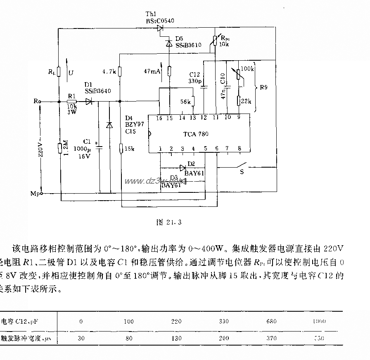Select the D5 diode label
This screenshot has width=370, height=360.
[179, 38]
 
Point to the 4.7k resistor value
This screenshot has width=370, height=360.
[108, 71]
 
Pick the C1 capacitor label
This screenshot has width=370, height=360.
[87, 141]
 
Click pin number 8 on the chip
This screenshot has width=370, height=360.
[239, 149]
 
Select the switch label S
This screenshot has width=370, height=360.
[242, 171]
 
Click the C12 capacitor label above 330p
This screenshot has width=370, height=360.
[194, 75]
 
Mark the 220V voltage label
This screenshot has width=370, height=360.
[40, 150]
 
